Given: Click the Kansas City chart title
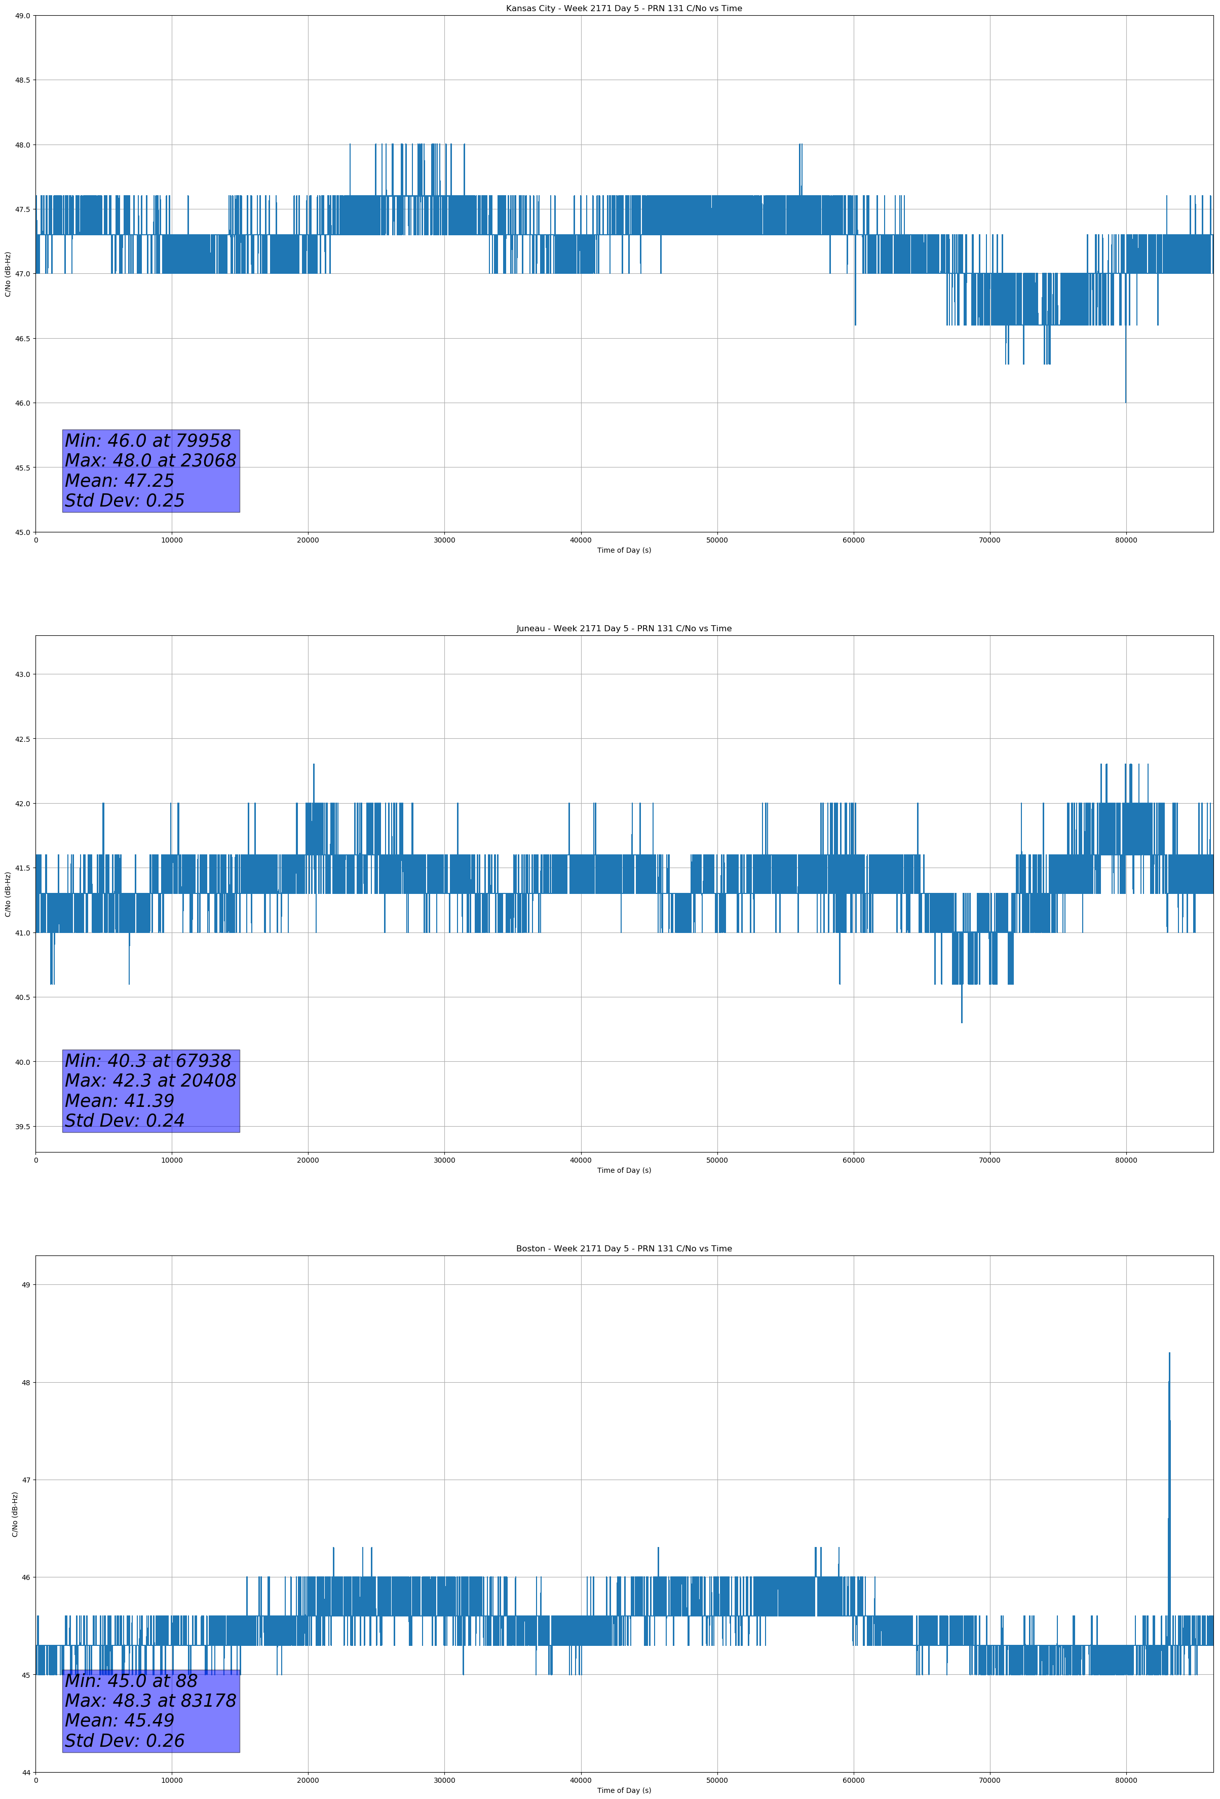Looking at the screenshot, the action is click(x=624, y=9).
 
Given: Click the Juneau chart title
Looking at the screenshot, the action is click(x=624, y=629).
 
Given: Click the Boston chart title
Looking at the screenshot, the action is click(x=624, y=1249).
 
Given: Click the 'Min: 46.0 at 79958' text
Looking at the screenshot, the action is click(x=148, y=441).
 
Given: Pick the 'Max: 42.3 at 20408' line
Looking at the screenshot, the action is click(x=150, y=1081).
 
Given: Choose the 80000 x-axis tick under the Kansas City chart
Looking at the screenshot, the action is click(x=1126, y=541).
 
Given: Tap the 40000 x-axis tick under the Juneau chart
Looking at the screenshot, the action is click(x=580, y=1160).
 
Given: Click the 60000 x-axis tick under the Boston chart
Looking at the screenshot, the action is click(x=853, y=1780).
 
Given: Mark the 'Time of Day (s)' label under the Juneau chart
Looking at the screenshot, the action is click(x=624, y=1170).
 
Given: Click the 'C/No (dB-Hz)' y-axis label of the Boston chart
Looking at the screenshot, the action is click(x=15, y=1514).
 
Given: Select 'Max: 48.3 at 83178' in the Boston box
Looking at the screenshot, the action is click(x=150, y=1701).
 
